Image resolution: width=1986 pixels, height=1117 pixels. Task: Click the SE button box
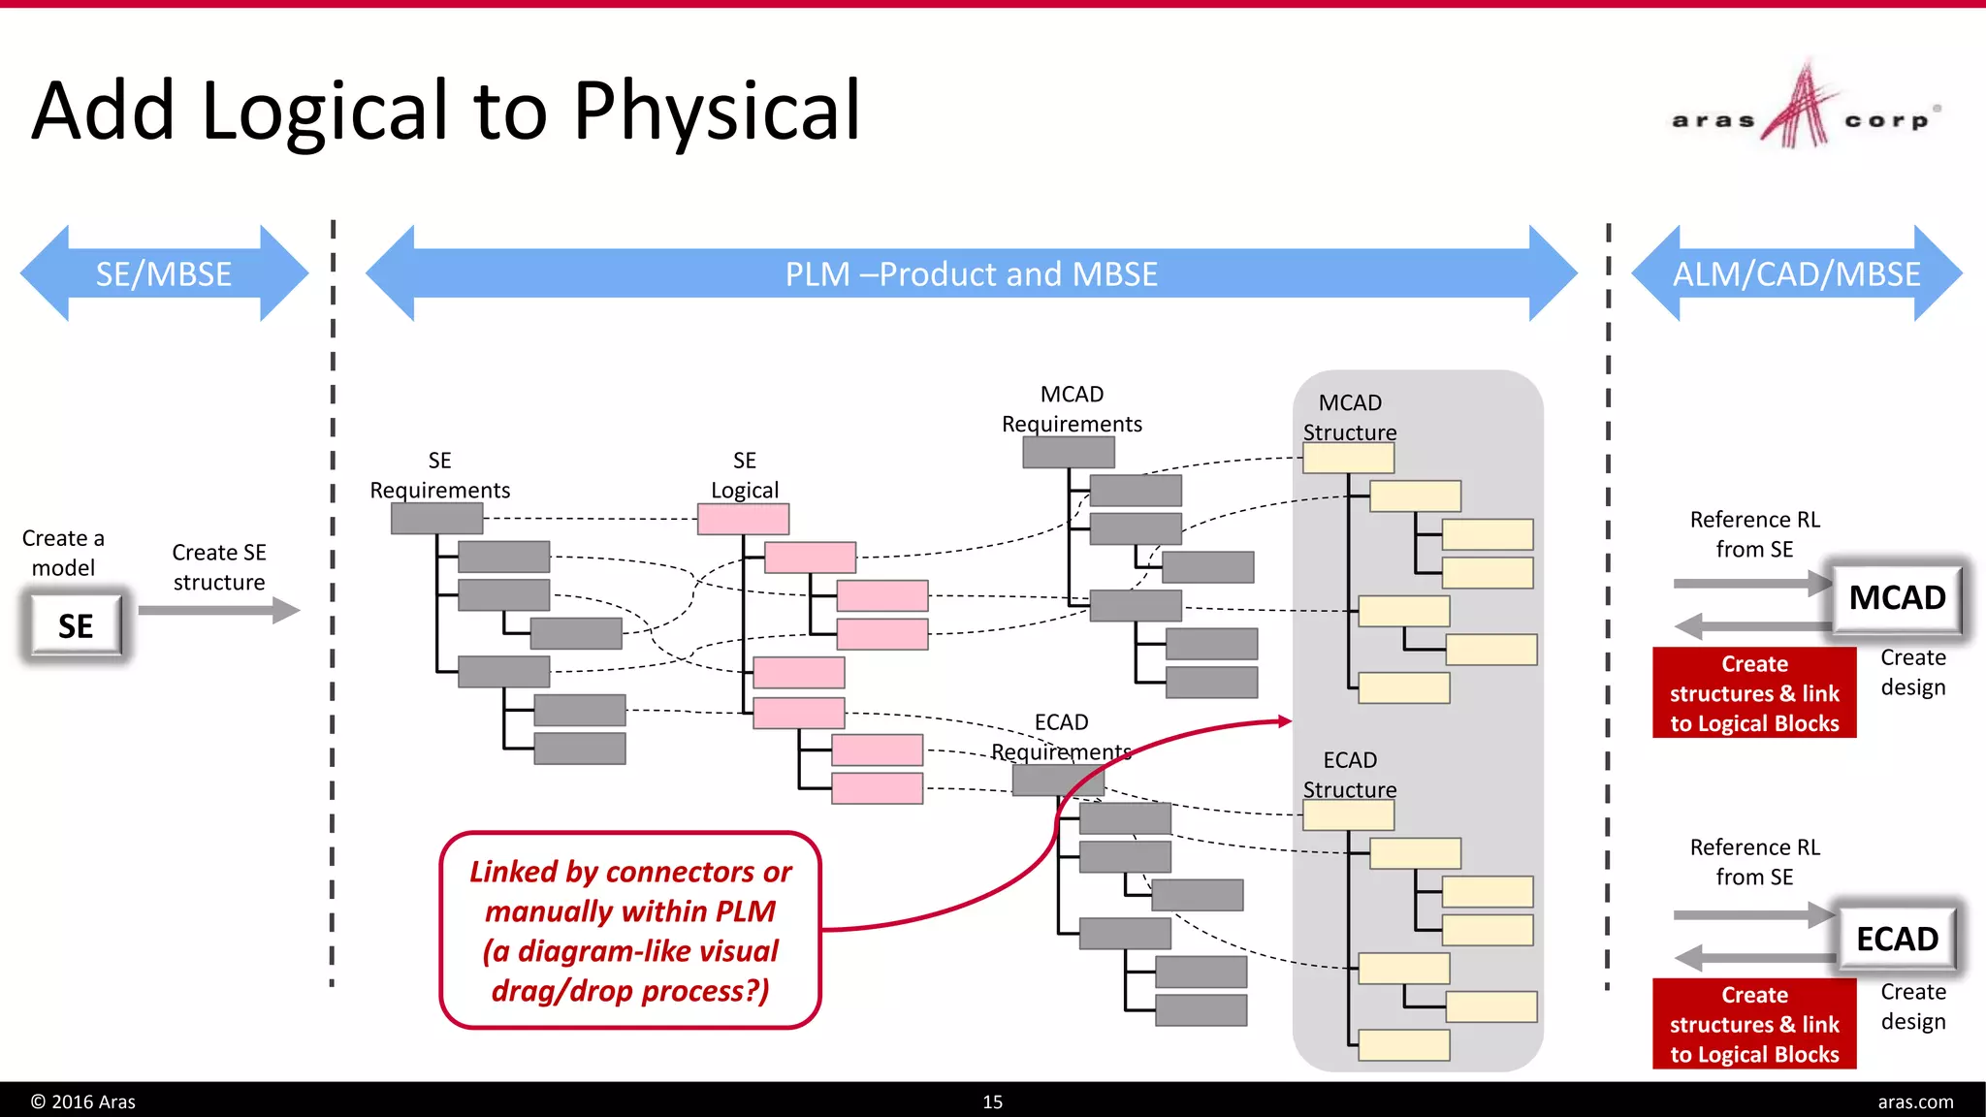tap(76, 626)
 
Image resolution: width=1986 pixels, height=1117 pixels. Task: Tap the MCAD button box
tap(1896, 597)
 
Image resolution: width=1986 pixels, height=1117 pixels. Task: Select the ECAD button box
tap(1896, 939)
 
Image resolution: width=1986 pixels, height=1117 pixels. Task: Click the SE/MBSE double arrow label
tap(163, 274)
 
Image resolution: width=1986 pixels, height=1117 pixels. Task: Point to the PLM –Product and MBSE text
tap(971, 274)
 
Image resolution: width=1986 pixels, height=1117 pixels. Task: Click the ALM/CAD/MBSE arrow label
tap(1796, 274)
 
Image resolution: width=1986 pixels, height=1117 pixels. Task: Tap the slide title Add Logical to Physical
tap(446, 111)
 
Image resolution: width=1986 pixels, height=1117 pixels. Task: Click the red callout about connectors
tap(630, 930)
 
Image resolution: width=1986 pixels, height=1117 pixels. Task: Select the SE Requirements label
tap(439, 475)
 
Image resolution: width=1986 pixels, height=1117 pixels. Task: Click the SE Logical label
tap(744, 475)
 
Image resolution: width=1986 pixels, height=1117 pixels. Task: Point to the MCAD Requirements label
tap(1072, 409)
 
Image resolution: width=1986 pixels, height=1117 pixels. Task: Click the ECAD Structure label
tap(1349, 775)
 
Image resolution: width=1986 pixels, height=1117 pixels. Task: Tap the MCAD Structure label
tap(1349, 417)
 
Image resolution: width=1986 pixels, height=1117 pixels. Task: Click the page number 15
tap(992, 1101)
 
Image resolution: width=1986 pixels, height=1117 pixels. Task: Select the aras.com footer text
tap(1914, 1101)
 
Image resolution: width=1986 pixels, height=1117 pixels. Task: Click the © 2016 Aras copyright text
tap(83, 1101)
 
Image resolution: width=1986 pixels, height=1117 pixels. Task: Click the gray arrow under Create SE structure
tap(219, 610)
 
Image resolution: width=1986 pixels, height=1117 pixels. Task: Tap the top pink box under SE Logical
tap(743, 520)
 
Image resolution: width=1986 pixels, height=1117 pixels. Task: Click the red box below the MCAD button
tap(1753, 693)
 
